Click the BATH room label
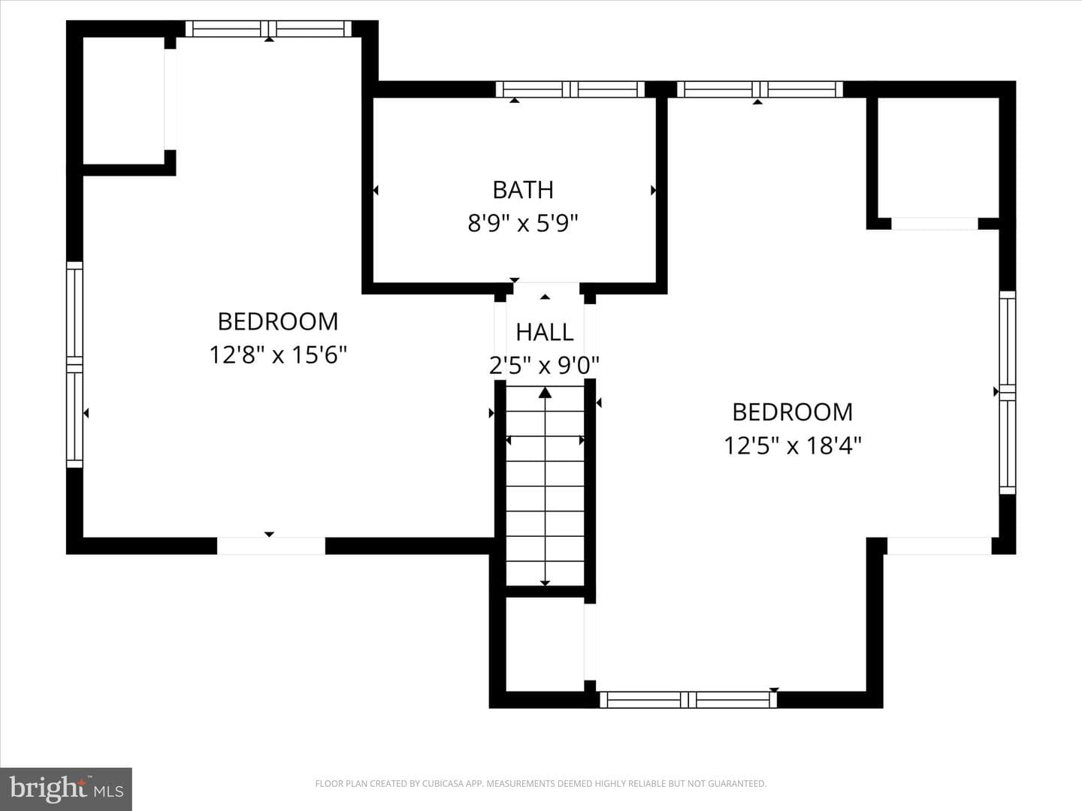[x=523, y=190]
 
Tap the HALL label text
[x=545, y=333]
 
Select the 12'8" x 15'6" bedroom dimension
[x=278, y=354]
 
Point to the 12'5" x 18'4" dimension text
[x=793, y=445]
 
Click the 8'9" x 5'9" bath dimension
[x=522, y=223]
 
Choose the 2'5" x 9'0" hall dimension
[x=544, y=366]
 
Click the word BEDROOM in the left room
[x=278, y=321]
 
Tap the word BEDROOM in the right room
[x=793, y=412]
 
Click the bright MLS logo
[x=66, y=788]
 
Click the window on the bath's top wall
[x=570, y=89]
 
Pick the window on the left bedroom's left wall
[x=74, y=364]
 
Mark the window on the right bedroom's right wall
[x=1008, y=393]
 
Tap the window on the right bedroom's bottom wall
[x=688, y=699]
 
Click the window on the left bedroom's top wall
[x=269, y=29]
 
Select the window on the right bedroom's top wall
[x=760, y=89]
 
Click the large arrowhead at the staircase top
[x=545, y=393]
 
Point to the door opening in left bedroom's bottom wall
[x=271, y=546]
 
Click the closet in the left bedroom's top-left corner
[x=123, y=101]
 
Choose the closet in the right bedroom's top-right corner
[x=938, y=158]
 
